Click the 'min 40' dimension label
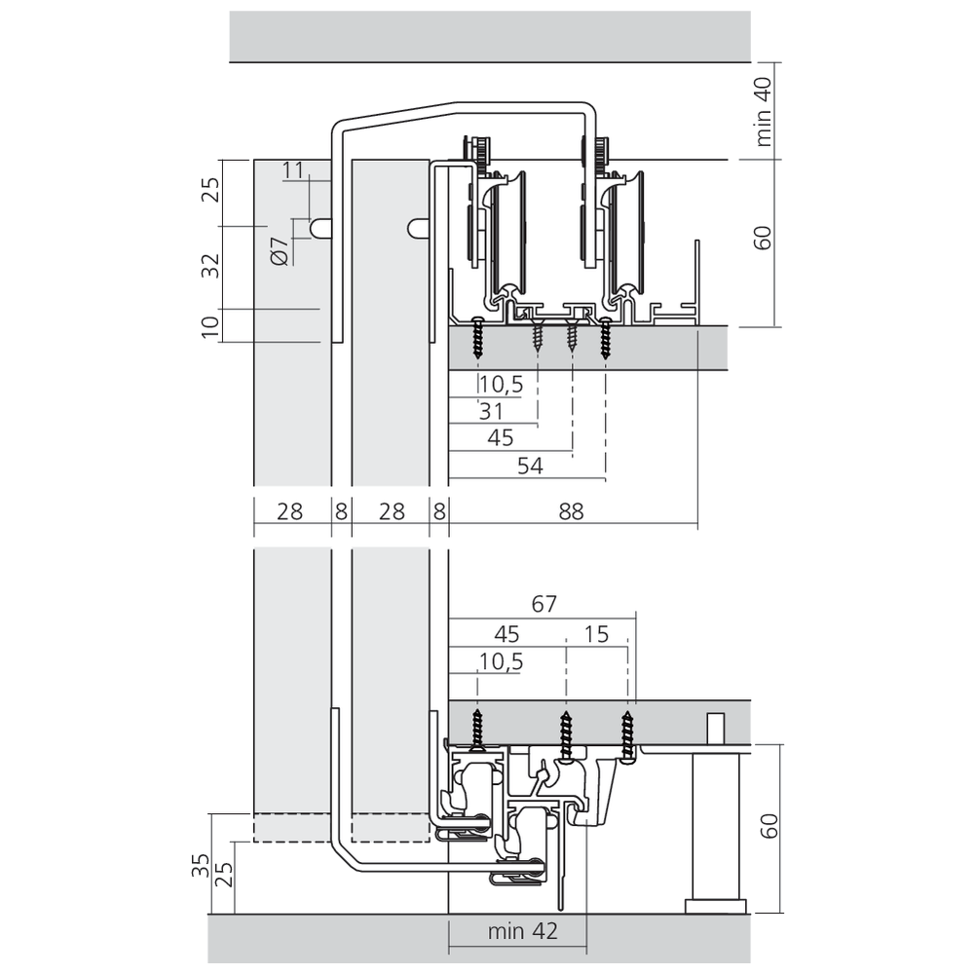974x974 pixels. pyautogui.click(x=764, y=112)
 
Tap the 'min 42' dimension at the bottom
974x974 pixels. pyautogui.click(x=522, y=931)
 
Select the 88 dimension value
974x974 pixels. pyautogui.click(x=571, y=511)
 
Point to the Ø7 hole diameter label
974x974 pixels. pyautogui.click(x=281, y=251)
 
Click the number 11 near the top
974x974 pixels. pyautogui.click(x=293, y=170)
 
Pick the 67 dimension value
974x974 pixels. pyautogui.click(x=544, y=604)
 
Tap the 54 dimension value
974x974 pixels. pyautogui.click(x=530, y=466)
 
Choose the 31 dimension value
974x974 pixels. pyautogui.click(x=491, y=411)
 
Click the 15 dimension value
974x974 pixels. pyautogui.click(x=596, y=634)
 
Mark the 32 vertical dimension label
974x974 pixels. pyautogui.click(x=211, y=266)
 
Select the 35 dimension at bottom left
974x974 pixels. pyautogui.click(x=200, y=865)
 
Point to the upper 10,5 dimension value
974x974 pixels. pyautogui.click(x=501, y=385)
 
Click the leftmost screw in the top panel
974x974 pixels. pyautogui.click(x=477, y=337)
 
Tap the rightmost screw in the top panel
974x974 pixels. pyautogui.click(x=605, y=337)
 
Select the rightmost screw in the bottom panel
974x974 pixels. pyautogui.click(x=627, y=736)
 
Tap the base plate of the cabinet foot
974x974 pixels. pyautogui.click(x=716, y=906)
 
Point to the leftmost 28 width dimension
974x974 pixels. pyautogui.click(x=289, y=511)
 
